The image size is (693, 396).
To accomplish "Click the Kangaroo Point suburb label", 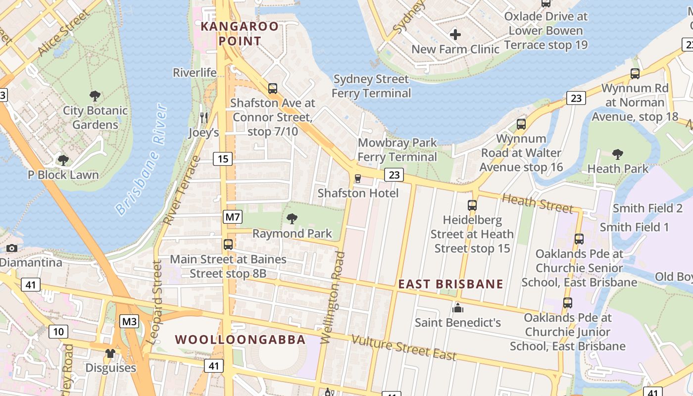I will (240, 33).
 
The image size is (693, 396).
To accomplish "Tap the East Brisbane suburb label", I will (450, 284).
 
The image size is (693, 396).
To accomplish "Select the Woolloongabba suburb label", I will (240, 340).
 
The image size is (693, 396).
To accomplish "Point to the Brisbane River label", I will (140, 160).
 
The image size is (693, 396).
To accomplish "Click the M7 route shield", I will (233, 216).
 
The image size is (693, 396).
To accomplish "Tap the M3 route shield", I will (130, 322).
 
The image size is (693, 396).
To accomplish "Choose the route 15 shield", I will (223, 159).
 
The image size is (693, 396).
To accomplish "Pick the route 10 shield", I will (58, 331).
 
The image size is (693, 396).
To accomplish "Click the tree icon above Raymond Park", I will (292, 218).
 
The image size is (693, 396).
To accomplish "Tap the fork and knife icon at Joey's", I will (203, 117).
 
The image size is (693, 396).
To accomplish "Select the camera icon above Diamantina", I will (12, 248).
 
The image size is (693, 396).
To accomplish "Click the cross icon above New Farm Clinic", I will (455, 35).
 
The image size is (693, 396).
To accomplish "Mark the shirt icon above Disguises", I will (110, 353).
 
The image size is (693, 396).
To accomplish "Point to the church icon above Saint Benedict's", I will (458, 308).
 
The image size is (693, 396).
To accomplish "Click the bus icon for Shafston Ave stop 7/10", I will (273, 89).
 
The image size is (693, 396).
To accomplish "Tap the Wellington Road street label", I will (333, 297).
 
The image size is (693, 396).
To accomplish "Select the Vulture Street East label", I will (403, 347).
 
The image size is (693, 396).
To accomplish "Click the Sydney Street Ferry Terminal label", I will (371, 86).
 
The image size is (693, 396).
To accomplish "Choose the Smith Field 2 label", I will (647, 208).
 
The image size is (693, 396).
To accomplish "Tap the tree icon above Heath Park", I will (617, 154).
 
